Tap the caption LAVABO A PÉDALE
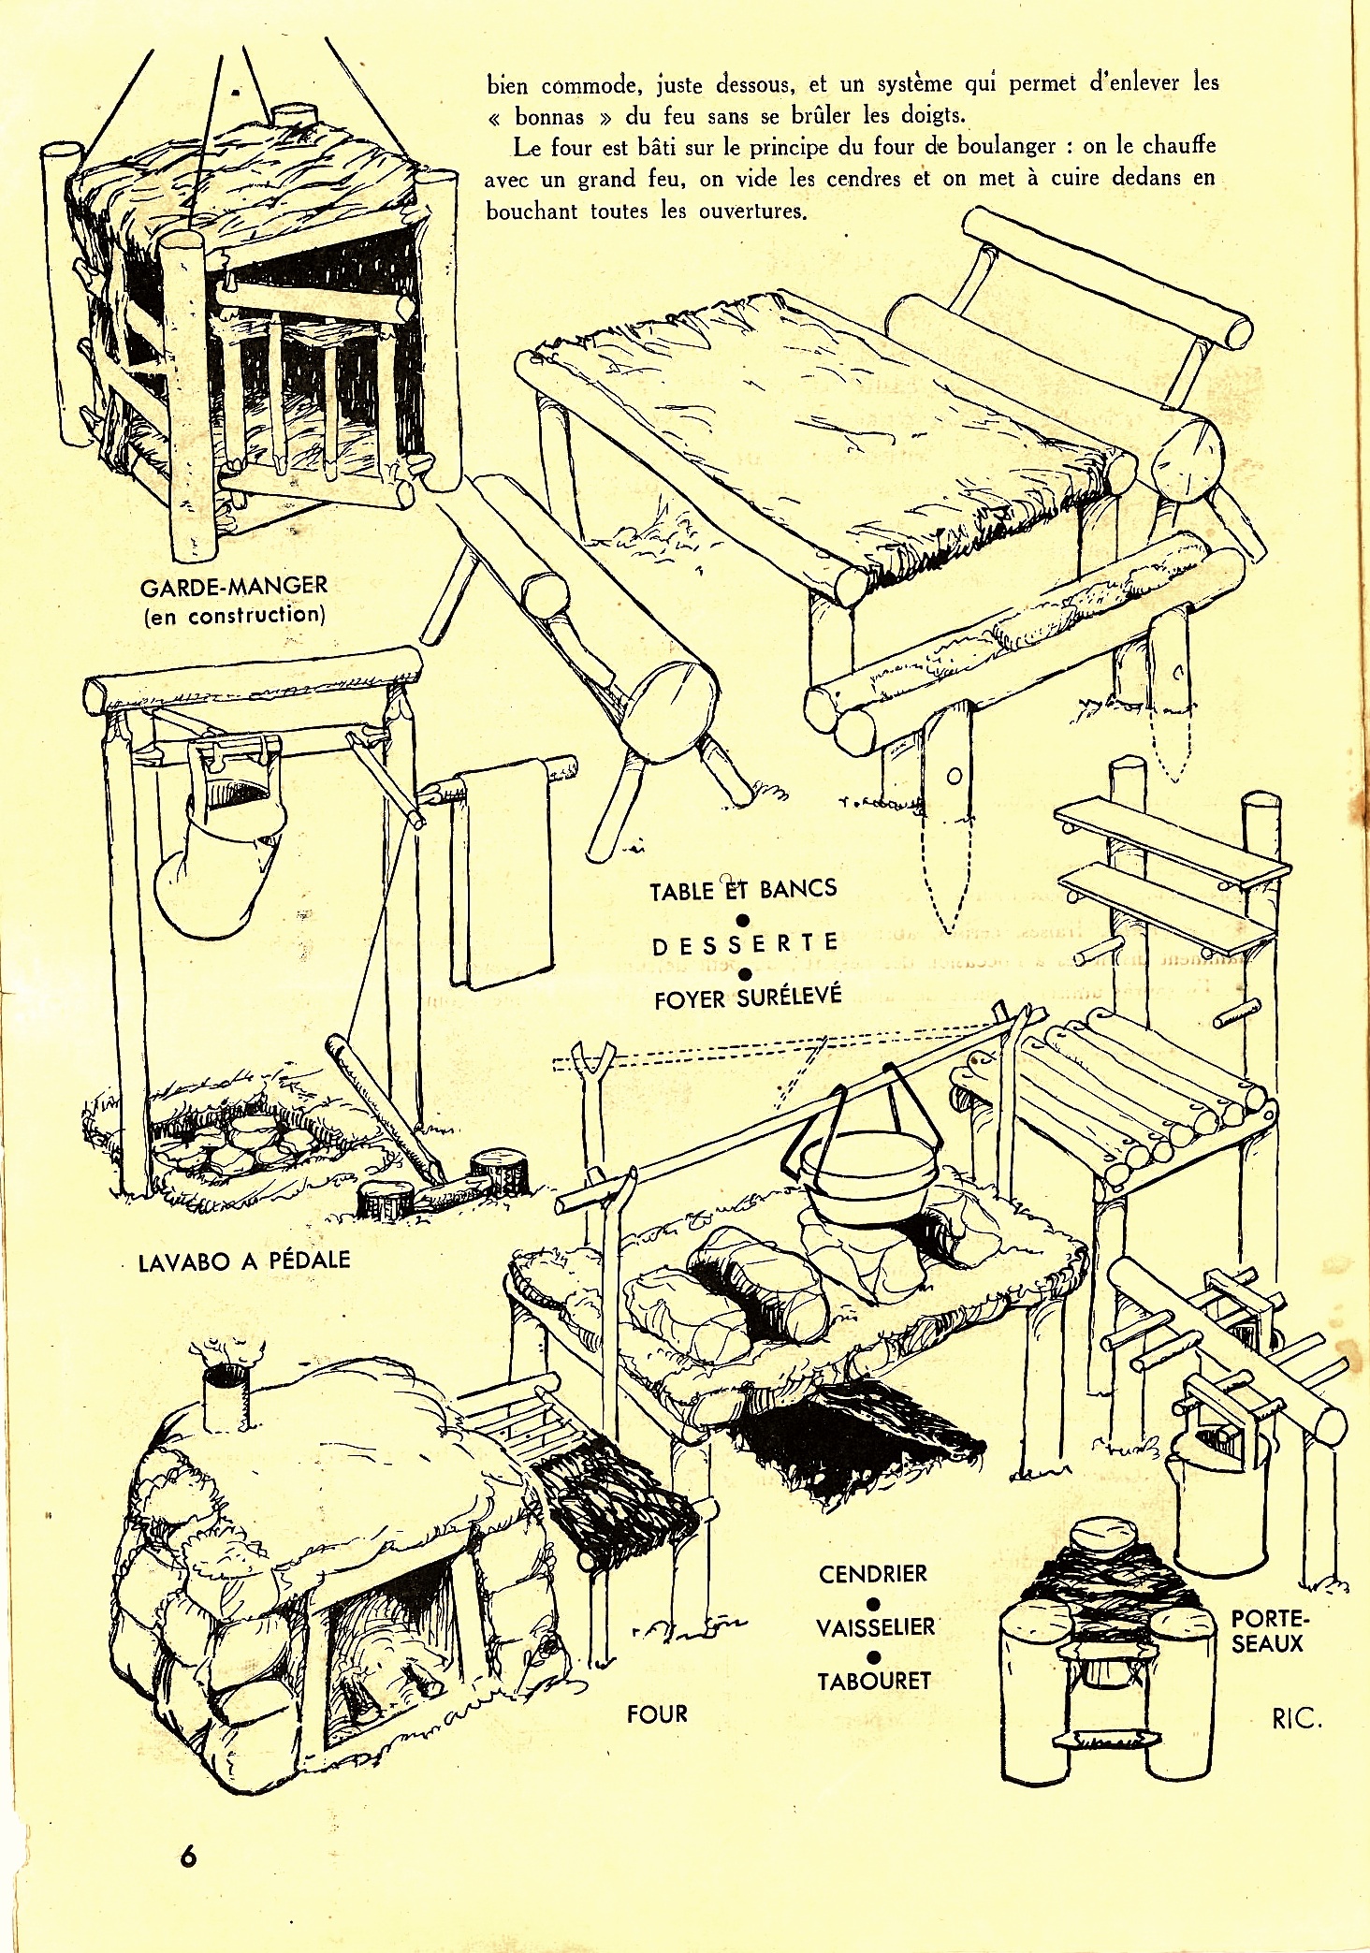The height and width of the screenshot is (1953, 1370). [x=243, y=1260]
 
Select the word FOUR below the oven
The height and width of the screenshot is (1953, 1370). [x=657, y=1713]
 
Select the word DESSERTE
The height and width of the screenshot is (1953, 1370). [x=744, y=945]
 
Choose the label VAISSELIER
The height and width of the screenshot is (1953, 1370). [x=875, y=1626]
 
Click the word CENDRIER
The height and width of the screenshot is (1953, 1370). [x=873, y=1573]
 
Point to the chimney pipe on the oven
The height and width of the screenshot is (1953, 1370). [x=225, y=1397]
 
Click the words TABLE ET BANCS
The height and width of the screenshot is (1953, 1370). [x=744, y=888]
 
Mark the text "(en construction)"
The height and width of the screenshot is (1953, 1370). [x=234, y=615]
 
